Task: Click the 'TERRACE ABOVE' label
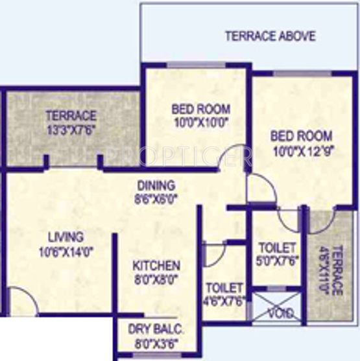(270, 36)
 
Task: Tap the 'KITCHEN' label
(156, 266)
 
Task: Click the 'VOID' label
(280, 314)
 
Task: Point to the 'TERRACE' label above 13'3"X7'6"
(71, 116)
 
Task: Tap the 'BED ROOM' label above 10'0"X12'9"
(301, 137)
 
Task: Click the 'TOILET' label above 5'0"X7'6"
(277, 248)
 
